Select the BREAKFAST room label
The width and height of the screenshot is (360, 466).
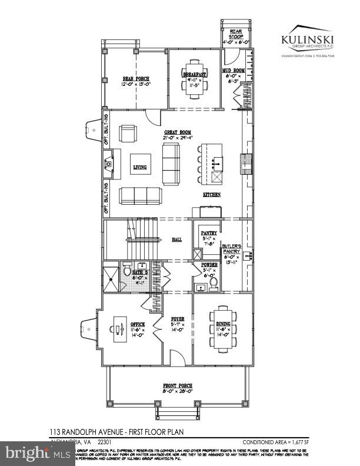193,75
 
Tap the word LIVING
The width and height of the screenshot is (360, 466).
139,167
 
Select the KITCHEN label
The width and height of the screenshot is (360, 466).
212,194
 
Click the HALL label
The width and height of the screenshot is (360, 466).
176,240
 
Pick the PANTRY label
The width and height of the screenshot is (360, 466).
209,233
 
